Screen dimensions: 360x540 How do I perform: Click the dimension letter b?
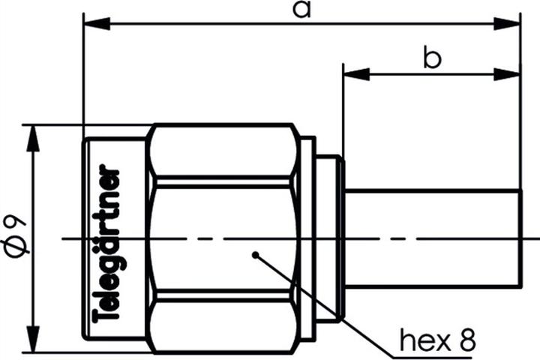click(431, 59)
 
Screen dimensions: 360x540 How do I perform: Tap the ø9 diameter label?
click(16, 234)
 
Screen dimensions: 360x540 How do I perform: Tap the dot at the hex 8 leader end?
click(255, 254)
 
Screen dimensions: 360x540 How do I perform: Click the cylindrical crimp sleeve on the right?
click(433, 238)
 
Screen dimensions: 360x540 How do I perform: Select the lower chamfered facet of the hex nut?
click(223, 325)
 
